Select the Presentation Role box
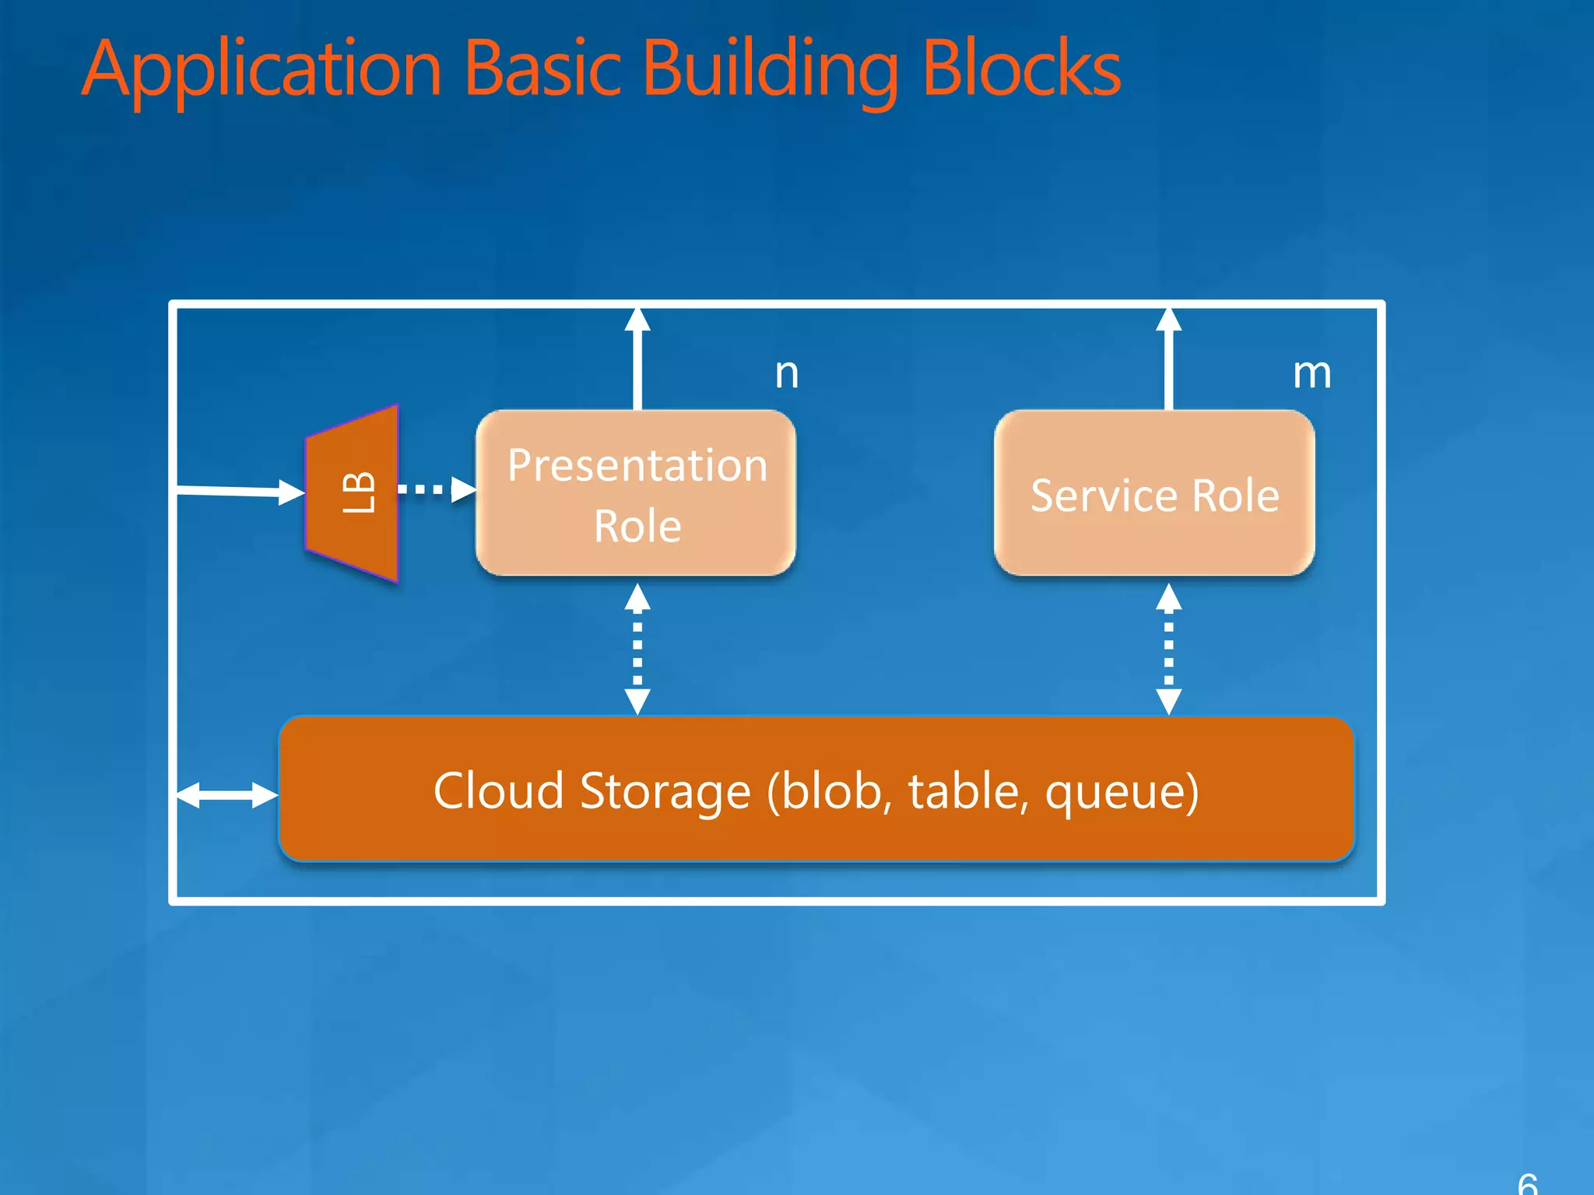636,493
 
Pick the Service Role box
1154,493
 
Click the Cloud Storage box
816,789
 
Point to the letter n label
786,373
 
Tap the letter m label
1311,373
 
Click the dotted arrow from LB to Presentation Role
436,489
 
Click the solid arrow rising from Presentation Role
637,358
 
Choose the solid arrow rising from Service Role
1168,358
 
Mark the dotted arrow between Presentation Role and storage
637,649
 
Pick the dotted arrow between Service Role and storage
1168,649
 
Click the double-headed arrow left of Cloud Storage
226,795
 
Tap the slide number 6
1527,1184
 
